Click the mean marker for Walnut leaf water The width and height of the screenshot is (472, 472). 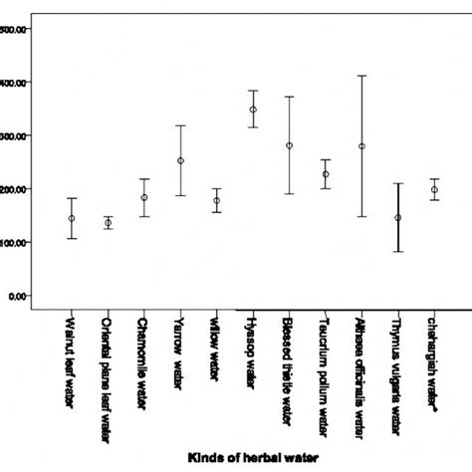click(72, 218)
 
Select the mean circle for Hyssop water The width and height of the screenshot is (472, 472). click(253, 110)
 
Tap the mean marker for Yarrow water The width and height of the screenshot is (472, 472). click(180, 160)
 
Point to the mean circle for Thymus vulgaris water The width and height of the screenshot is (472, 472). click(398, 217)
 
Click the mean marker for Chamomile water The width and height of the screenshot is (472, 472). click(144, 197)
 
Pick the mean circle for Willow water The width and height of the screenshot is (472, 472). click(216, 200)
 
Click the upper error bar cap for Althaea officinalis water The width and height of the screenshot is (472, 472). click(361, 76)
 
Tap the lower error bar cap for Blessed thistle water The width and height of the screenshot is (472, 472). click(289, 193)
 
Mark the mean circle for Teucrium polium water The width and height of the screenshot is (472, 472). click(326, 174)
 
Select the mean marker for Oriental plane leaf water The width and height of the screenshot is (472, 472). click(108, 223)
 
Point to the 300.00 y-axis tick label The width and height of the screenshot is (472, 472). click(14, 135)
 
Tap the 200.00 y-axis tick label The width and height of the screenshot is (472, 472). click(14, 189)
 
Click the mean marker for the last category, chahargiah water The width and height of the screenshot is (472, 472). click(434, 189)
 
